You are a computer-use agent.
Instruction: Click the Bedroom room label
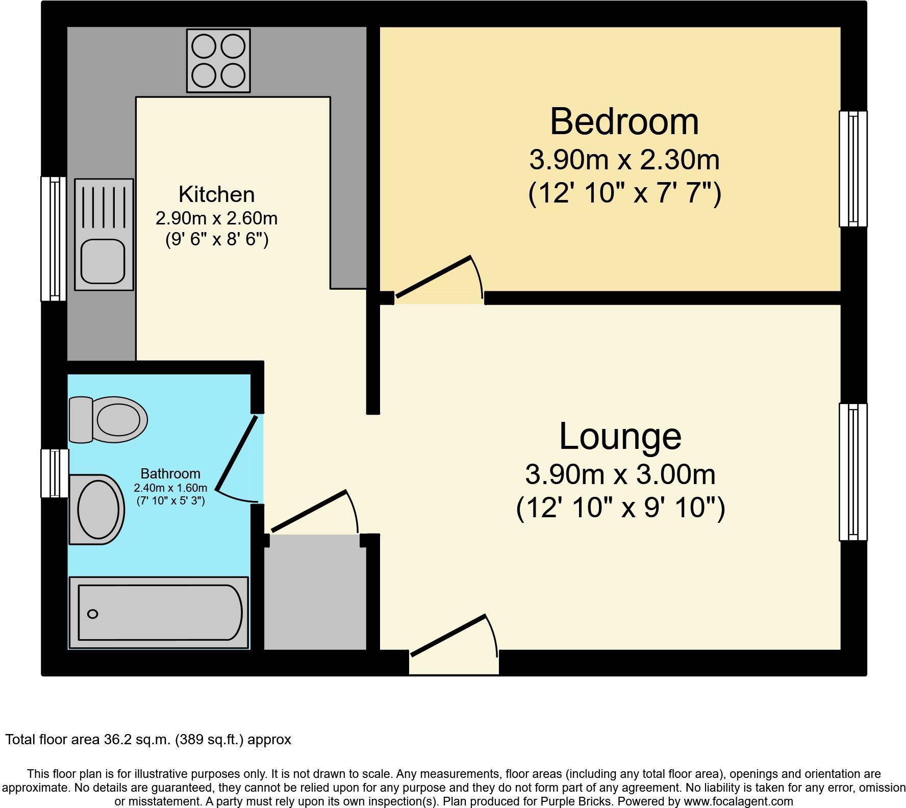coord(624,122)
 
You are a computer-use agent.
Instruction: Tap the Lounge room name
coord(620,437)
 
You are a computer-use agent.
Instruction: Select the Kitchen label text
coord(216,195)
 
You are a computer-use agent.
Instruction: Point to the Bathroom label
coord(170,473)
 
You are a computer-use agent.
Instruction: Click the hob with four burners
coord(218,61)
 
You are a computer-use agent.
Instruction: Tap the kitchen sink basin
coord(104,261)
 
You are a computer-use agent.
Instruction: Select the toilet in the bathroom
coord(108,420)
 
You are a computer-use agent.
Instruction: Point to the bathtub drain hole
coord(93,614)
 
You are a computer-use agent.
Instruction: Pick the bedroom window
coord(853,168)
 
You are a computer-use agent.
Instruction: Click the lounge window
coord(853,472)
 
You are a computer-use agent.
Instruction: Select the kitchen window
coord(53,238)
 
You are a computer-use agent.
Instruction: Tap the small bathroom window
coord(54,473)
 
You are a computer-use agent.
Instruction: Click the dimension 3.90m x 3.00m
coord(620,475)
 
